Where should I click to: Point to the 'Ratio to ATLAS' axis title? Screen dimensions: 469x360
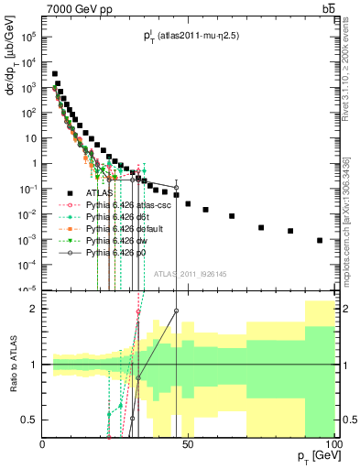tap(12, 365)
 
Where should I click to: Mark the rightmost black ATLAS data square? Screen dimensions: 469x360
tap(320, 240)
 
